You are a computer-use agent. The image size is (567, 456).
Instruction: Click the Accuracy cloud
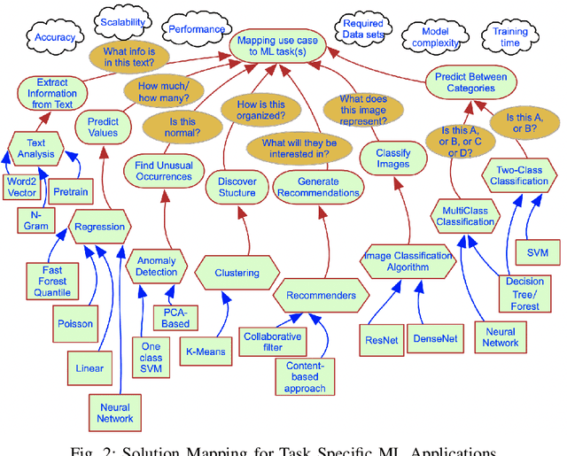55,38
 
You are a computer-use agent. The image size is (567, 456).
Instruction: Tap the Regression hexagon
100,227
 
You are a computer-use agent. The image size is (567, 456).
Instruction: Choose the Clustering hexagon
237,274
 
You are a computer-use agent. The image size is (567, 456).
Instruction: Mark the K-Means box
206,352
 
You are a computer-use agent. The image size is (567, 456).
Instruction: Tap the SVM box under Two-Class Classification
537,253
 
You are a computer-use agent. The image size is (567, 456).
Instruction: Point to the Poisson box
75,323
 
